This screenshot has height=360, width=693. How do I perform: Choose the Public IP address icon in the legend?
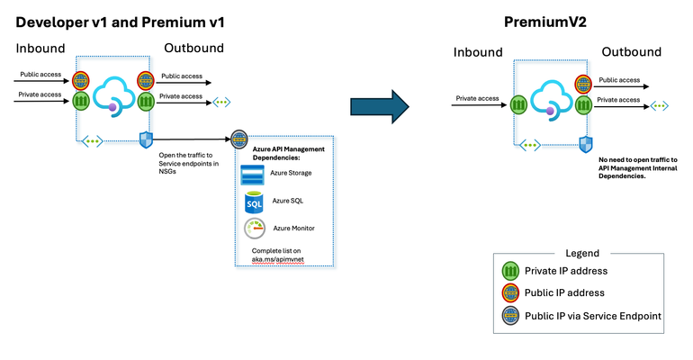(510, 292)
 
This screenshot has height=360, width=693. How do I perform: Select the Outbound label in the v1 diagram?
(193, 47)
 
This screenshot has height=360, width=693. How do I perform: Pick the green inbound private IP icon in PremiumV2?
(518, 104)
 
